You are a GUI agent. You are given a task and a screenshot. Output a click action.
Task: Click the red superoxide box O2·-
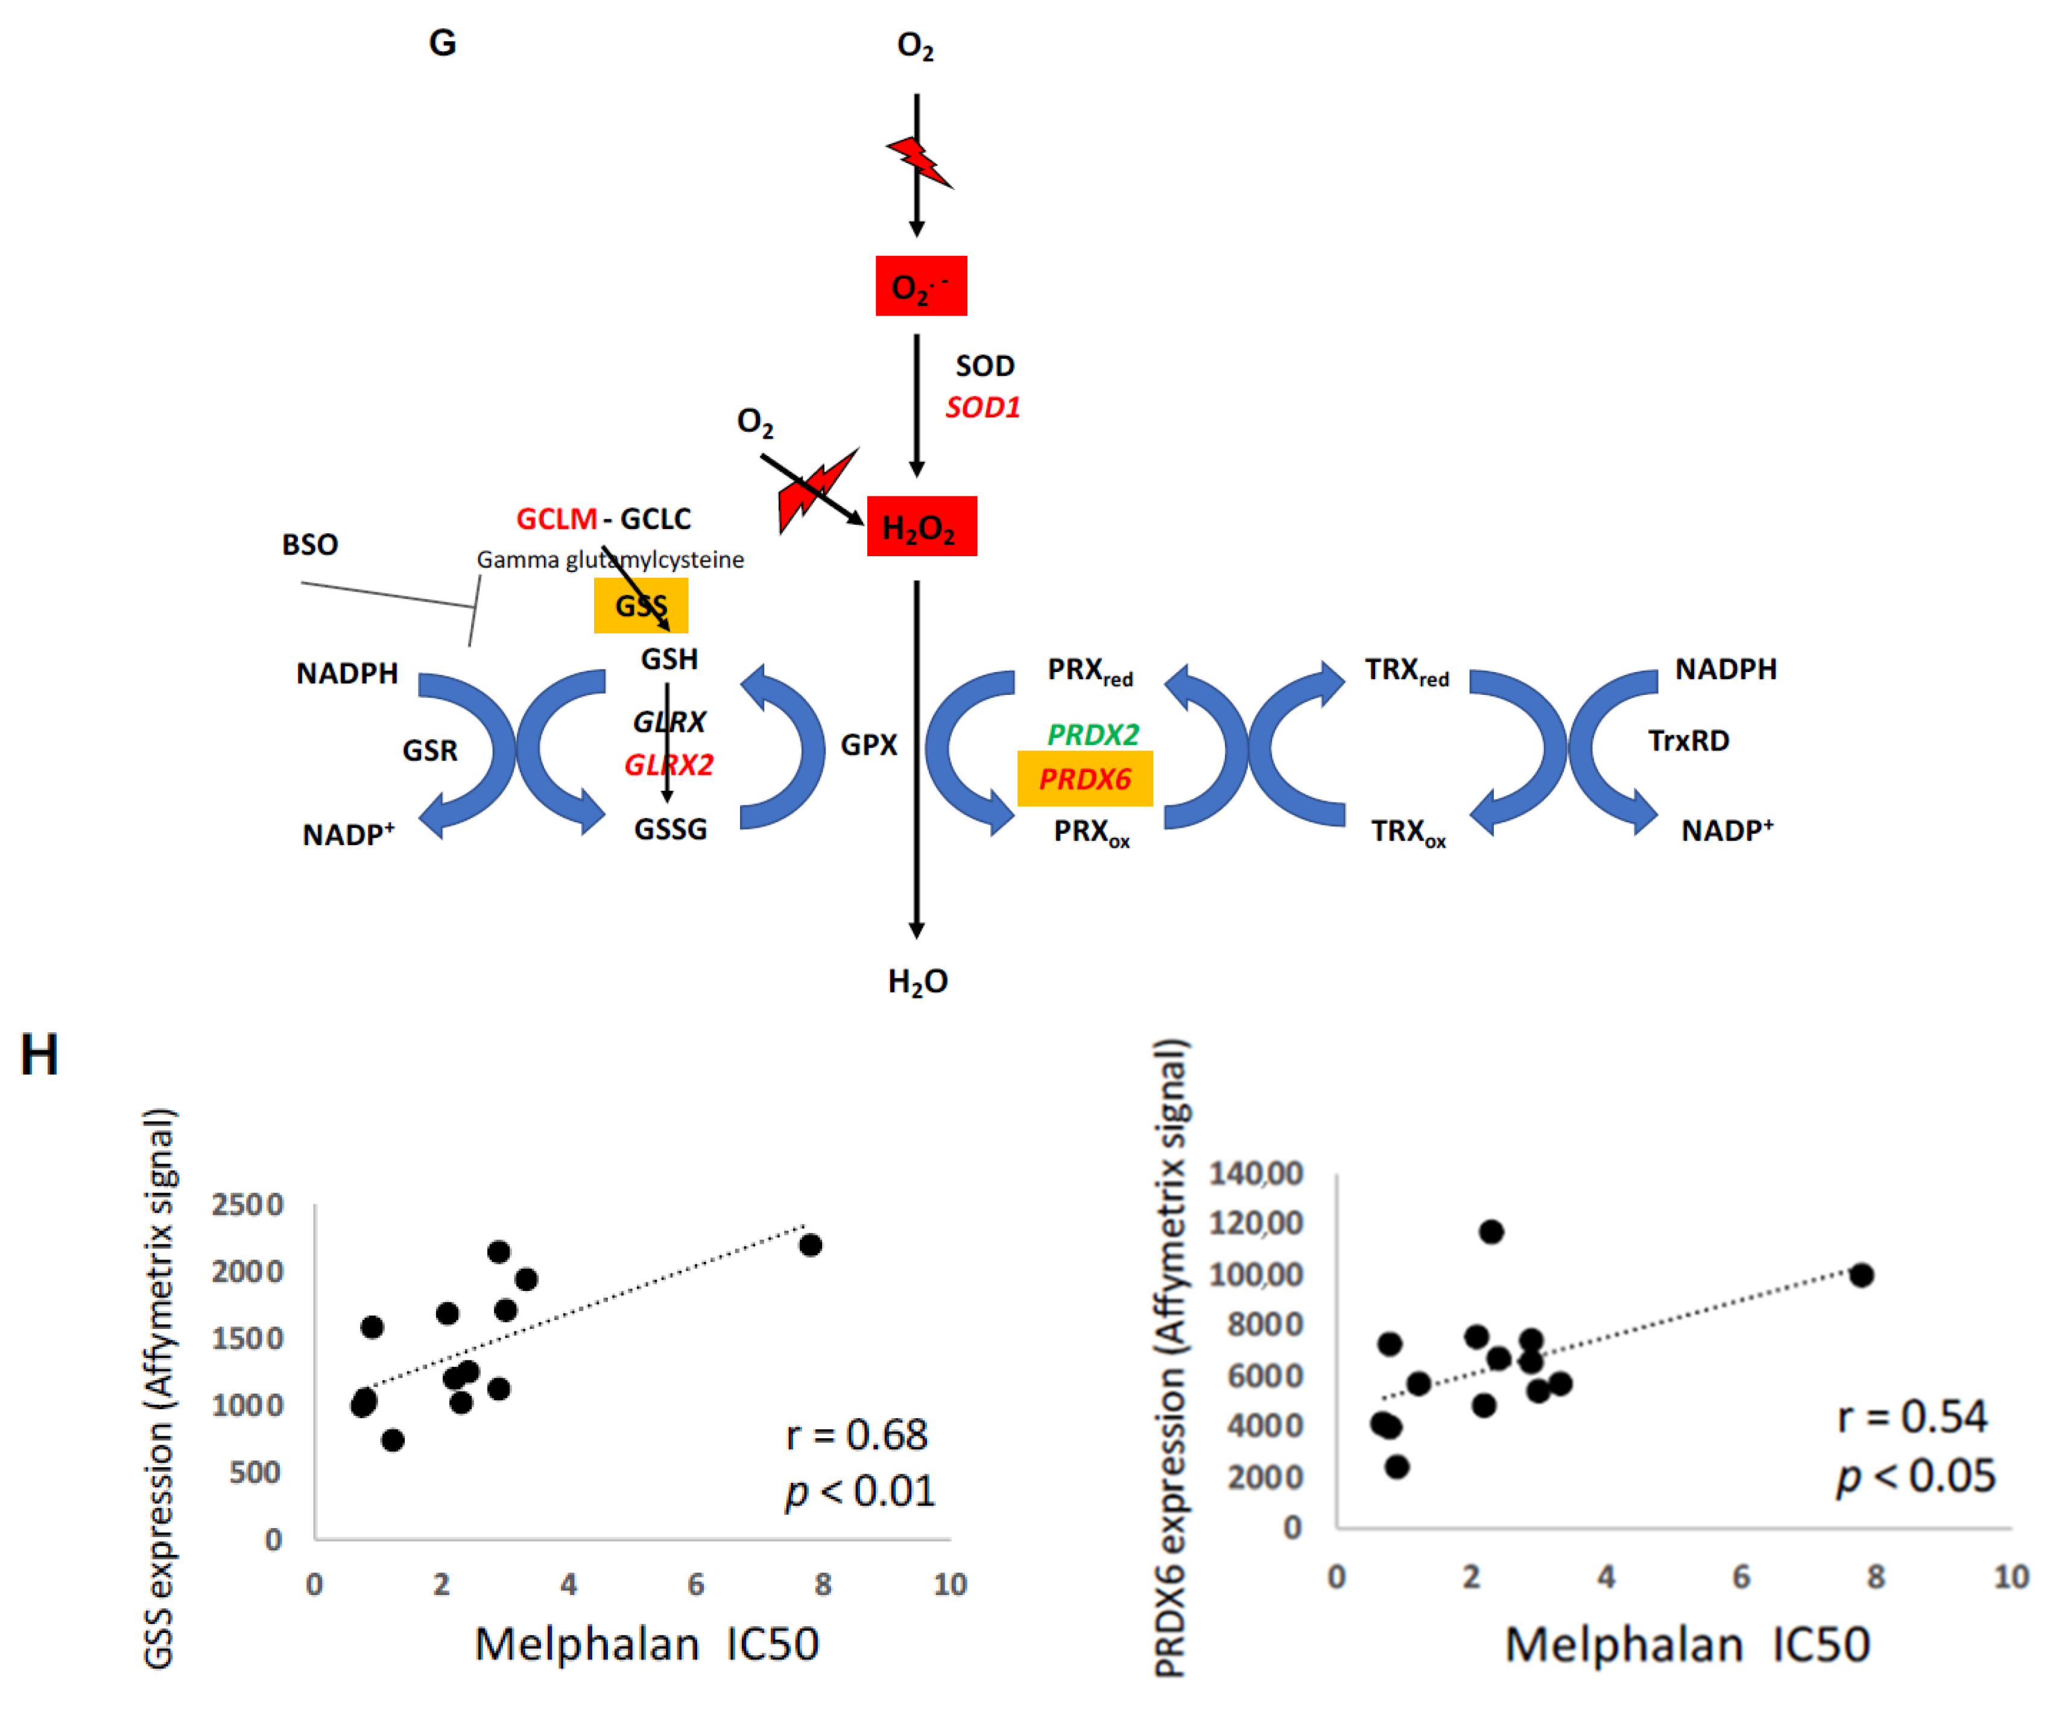coord(920,286)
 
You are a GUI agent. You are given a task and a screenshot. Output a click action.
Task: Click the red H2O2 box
coord(922,527)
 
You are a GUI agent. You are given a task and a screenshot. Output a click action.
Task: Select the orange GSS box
coord(641,606)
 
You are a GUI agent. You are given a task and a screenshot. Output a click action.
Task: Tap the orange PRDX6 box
coord(1084,778)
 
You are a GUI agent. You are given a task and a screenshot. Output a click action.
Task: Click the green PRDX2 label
coord(1092,734)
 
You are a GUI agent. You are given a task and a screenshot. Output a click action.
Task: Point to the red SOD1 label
coord(982,407)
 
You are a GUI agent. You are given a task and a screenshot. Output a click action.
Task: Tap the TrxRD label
coord(1689,740)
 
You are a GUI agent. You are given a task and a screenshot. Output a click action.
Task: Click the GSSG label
coord(671,829)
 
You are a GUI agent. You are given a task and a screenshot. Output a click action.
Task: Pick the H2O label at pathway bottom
coord(917,980)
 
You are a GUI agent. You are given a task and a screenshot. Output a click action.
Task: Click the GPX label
coord(869,745)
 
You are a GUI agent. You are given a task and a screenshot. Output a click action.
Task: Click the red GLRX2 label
coord(669,765)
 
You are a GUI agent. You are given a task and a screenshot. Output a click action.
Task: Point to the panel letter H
coord(39,1056)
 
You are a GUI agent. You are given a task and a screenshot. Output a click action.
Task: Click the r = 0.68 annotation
coord(856,1435)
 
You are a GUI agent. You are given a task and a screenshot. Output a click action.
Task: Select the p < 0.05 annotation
coord(1916,1476)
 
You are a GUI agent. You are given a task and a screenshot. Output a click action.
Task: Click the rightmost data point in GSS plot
coord(810,1245)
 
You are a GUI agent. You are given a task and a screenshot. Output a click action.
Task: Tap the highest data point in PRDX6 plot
coord(1491,1231)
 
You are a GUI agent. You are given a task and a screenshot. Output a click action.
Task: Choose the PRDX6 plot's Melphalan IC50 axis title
coord(1687,1644)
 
